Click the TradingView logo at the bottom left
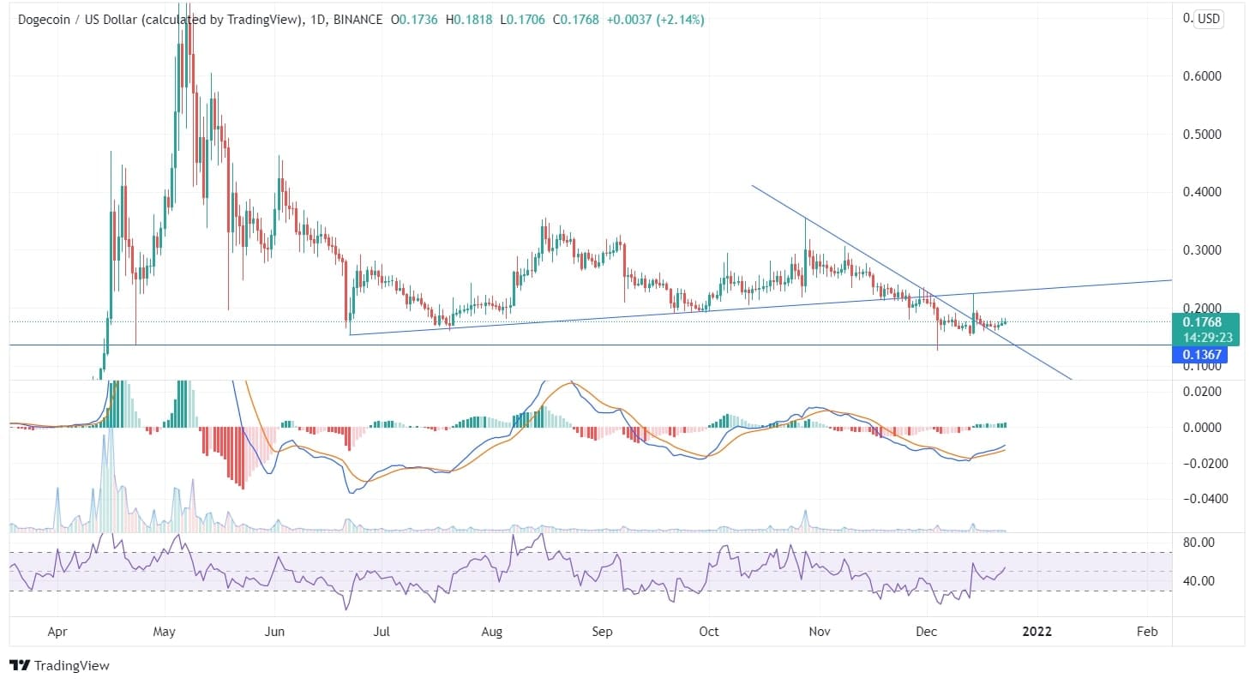[x=59, y=665]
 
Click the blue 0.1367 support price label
[x=1196, y=355]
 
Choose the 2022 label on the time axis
[x=1038, y=632]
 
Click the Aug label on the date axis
[x=491, y=632]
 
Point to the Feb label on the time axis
[x=1146, y=632]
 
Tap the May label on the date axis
[x=164, y=632]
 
